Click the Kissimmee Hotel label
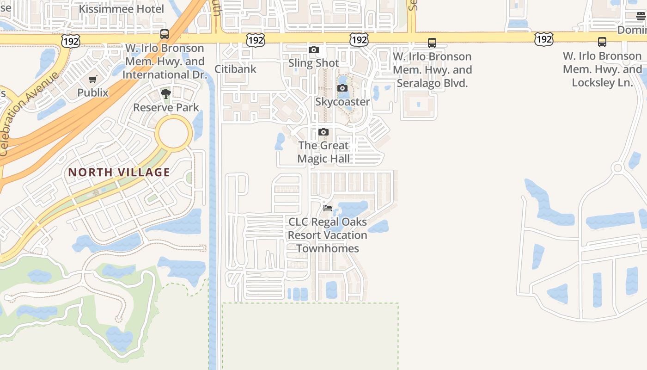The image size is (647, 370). tap(122, 9)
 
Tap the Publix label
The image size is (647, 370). tap(93, 92)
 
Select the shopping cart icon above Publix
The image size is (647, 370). tap(93, 80)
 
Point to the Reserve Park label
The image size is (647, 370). tap(166, 107)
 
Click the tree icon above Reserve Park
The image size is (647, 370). tap(166, 94)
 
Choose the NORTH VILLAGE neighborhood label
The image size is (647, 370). tap(119, 173)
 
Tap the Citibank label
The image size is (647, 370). tap(235, 69)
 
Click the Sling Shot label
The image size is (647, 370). tap(314, 63)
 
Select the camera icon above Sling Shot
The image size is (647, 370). tap(314, 50)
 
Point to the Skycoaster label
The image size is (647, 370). tap(342, 102)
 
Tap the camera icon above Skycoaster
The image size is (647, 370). tap(342, 88)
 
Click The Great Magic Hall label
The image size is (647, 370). tap(323, 152)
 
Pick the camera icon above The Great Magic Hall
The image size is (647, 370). tap(323, 132)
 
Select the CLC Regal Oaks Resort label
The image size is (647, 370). tap(328, 235)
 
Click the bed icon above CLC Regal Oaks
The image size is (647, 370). tap(328, 208)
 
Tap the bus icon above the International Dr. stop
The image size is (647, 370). tap(164, 34)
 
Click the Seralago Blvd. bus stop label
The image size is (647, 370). tap(432, 70)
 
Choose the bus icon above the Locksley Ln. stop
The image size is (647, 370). tap(602, 42)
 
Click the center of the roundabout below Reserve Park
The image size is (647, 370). tap(174, 133)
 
